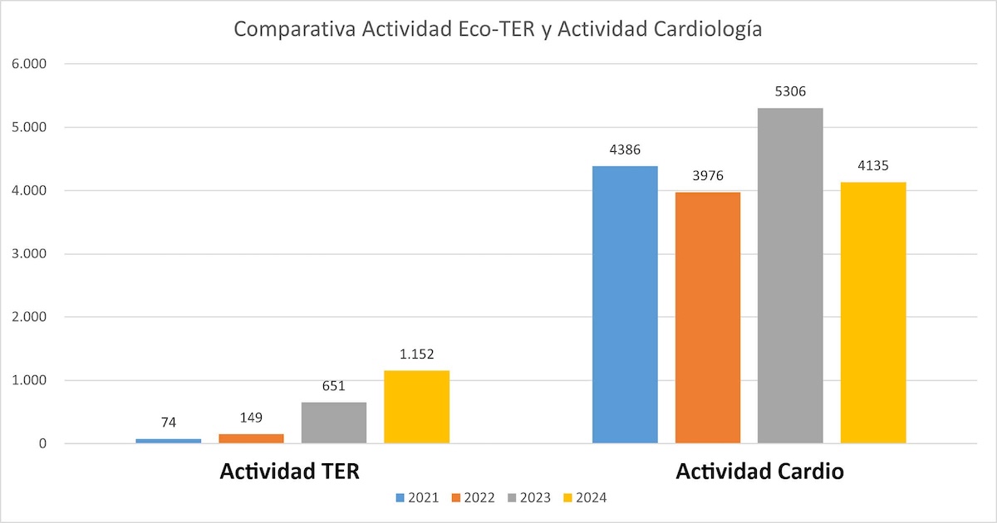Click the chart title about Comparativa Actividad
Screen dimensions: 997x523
point(498,29)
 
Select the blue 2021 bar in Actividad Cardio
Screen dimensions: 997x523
point(625,304)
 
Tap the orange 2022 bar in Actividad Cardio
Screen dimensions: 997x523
point(708,317)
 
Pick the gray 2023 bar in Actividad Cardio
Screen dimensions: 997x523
point(790,276)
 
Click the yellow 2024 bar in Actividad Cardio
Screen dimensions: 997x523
point(873,312)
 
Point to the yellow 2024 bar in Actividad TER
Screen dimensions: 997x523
point(416,407)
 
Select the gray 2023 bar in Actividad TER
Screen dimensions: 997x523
point(334,423)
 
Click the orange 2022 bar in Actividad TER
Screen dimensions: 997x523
point(251,438)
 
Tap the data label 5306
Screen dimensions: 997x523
point(790,91)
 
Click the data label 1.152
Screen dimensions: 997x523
point(416,354)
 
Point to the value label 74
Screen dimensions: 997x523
point(169,423)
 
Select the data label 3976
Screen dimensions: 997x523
point(708,176)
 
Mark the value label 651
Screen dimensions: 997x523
point(334,385)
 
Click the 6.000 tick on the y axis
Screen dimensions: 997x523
point(29,64)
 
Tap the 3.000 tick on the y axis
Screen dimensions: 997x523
point(29,253)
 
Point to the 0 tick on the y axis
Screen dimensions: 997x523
point(42,443)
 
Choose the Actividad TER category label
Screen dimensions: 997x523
point(290,472)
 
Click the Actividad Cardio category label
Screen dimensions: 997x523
point(759,472)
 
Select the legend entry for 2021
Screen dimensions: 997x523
point(417,497)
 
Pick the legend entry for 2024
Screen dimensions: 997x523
point(585,497)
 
